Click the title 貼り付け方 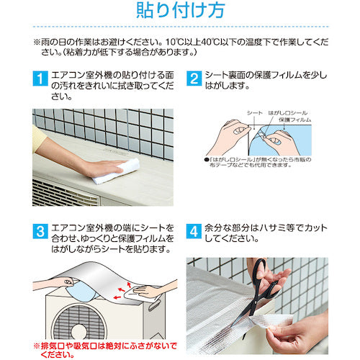[181, 10]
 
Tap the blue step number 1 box [40, 78]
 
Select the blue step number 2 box [194, 78]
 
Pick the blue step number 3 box [40, 231]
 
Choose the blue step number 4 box [194, 231]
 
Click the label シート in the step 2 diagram [255, 113]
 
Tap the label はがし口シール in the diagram [288, 113]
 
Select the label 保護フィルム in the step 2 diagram [295, 120]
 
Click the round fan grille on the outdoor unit [79, 322]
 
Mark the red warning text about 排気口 [106, 350]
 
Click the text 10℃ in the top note [175, 42]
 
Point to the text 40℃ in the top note [210, 42]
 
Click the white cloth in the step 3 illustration [142, 293]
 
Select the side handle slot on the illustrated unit [153, 306]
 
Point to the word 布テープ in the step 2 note [219, 165]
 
